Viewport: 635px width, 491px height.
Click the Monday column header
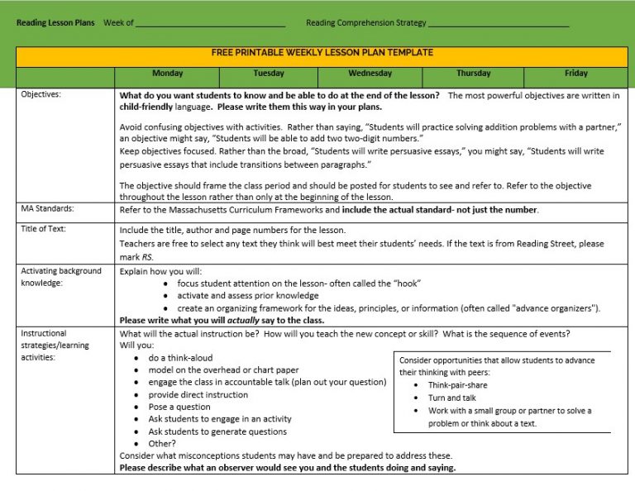coord(167,74)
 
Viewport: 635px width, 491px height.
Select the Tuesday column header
coord(269,74)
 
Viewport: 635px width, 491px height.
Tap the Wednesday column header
coord(370,74)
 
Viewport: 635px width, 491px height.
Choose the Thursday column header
coord(473,74)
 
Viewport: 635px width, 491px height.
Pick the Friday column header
coord(576,74)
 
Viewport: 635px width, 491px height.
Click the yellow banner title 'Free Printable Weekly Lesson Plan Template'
coord(322,53)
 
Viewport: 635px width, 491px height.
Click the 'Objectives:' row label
coord(41,95)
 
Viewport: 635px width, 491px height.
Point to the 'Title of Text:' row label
coord(44,229)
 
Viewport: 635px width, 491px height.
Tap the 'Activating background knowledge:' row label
coord(61,277)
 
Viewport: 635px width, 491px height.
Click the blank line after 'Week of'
coord(210,23)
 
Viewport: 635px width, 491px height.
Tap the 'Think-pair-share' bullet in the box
coord(457,385)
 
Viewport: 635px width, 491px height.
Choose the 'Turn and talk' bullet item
coord(451,398)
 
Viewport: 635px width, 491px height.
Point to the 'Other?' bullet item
coord(162,444)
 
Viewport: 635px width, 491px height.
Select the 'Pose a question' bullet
coord(179,407)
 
